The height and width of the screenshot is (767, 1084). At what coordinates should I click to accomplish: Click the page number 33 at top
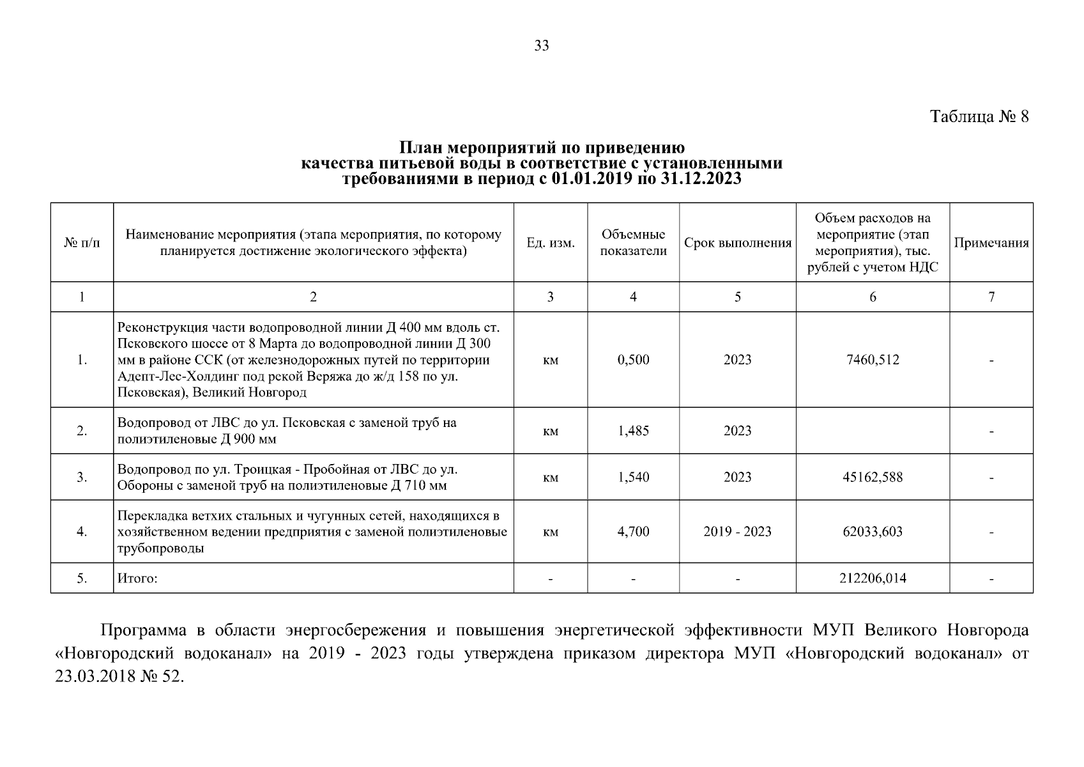[x=541, y=45]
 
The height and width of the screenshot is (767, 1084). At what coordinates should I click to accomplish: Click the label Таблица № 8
[x=979, y=117]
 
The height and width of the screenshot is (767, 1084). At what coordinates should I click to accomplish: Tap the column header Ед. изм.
[x=550, y=243]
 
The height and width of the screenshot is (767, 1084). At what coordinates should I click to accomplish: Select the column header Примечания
[x=991, y=243]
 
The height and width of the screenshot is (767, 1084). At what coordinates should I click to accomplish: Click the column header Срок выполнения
[x=737, y=243]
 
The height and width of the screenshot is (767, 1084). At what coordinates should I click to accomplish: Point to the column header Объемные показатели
[x=633, y=243]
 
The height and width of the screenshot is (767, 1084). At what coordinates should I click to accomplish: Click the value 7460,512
[x=873, y=360]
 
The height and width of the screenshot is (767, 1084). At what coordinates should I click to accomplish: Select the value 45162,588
[x=873, y=477]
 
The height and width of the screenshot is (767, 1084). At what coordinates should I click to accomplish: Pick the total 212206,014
[x=873, y=578]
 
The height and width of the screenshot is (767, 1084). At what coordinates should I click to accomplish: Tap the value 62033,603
[x=873, y=532]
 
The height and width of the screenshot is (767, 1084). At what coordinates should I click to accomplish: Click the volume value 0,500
[x=633, y=360]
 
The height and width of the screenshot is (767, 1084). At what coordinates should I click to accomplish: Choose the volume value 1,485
[x=633, y=431]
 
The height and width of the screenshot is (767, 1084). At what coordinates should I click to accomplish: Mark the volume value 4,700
[x=633, y=532]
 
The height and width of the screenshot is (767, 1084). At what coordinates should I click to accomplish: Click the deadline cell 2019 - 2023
[x=737, y=532]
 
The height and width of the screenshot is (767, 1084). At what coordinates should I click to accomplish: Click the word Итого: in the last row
[x=137, y=579]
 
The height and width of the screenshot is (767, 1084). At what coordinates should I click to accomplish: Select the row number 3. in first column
[x=82, y=477]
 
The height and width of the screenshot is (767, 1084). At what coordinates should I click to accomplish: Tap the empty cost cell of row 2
[x=873, y=431]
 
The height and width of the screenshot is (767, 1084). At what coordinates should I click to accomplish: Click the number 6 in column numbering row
[x=873, y=297]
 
